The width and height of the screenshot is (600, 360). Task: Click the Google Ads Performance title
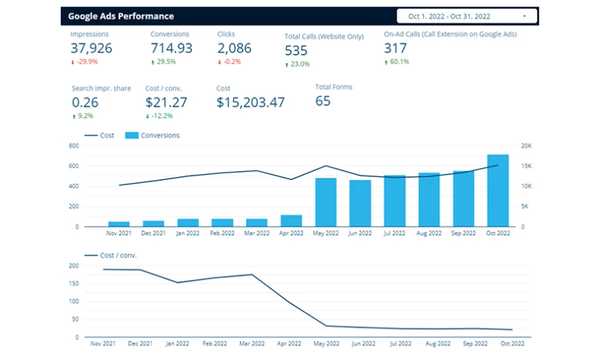click(121, 16)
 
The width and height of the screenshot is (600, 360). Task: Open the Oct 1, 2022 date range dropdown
click(468, 16)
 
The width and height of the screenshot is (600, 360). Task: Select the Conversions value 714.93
click(171, 48)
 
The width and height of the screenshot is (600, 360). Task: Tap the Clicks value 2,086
click(234, 48)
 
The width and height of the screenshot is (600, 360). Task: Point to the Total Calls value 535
click(297, 50)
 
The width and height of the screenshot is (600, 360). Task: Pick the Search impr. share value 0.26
click(85, 102)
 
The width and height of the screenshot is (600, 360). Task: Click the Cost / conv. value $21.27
click(166, 102)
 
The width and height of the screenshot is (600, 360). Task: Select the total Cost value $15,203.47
click(250, 102)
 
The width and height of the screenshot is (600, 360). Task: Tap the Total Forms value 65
click(322, 100)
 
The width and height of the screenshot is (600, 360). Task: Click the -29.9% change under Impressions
click(86, 61)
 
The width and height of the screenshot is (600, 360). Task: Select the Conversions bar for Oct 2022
click(498, 190)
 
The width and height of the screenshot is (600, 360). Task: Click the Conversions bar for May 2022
click(325, 202)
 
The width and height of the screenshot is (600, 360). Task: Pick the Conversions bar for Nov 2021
click(118, 223)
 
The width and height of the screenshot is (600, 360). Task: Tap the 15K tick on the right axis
click(526, 166)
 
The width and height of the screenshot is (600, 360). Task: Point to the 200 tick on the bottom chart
click(74, 265)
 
